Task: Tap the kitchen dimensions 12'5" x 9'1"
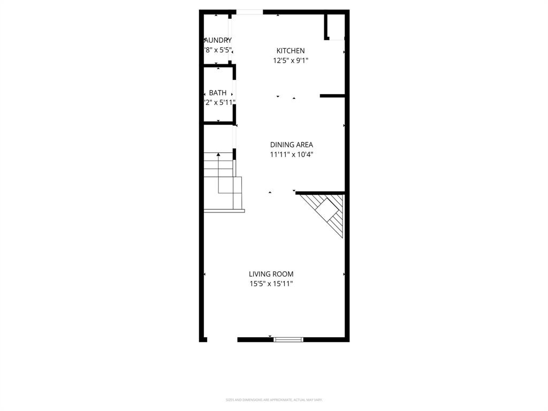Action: pos(291,60)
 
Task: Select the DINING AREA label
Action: pos(291,144)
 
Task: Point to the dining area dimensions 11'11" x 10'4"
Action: pos(291,155)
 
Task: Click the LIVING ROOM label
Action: pos(271,274)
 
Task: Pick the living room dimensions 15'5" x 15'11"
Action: pos(271,284)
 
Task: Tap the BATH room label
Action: pos(217,93)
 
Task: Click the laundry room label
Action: pos(218,40)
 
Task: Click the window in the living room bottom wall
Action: pos(288,339)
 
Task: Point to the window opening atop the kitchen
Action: pos(249,12)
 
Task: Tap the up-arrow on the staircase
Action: pos(218,155)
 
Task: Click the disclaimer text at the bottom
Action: pos(273,400)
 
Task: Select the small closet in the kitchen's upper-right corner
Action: pos(336,27)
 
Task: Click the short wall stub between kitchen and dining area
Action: pos(332,96)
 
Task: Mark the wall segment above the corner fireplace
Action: pos(319,193)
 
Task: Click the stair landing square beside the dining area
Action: pos(230,185)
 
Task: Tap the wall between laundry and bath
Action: pos(218,66)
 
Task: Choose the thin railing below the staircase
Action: pos(224,211)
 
